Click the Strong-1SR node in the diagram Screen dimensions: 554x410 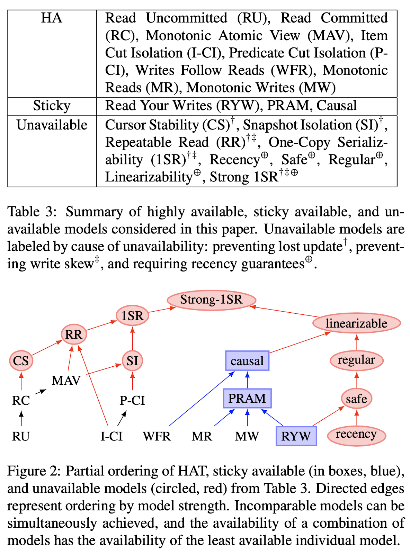point(211,300)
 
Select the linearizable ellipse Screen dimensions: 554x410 point(356,323)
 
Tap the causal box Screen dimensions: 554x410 point(247,361)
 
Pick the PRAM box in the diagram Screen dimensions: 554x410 point(247,398)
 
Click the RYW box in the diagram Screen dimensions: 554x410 point(296,436)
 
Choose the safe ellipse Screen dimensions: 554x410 point(356,399)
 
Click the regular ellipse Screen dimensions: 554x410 point(356,360)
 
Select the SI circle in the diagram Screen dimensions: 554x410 point(132,361)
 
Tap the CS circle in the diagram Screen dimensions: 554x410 point(21,361)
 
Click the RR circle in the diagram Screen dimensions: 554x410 point(74,334)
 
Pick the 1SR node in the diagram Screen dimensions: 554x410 point(132,315)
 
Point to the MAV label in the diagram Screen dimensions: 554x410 point(66,381)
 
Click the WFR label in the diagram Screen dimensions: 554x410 point(157,436)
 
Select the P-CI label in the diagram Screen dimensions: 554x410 point(132,400)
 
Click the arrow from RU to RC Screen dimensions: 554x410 point(21,418)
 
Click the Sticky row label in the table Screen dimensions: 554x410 point(52,106)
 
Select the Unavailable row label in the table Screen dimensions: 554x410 point(52,125)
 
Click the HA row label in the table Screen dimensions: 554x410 point(52,18)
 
